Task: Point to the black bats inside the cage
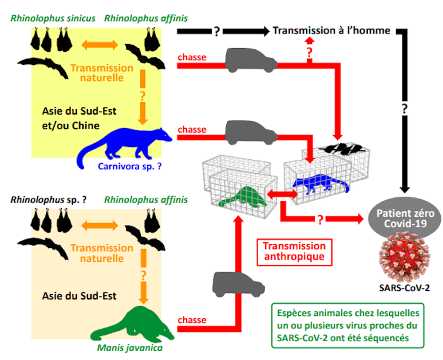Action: pyautogui.click(x=339, y=148)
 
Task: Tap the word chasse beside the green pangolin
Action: pyautogui.click(x=192, y=320)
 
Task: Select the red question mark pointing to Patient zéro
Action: pyautogui.click(x=321, y=220)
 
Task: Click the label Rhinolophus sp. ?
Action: pyautogui.click(x=51, y=200)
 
